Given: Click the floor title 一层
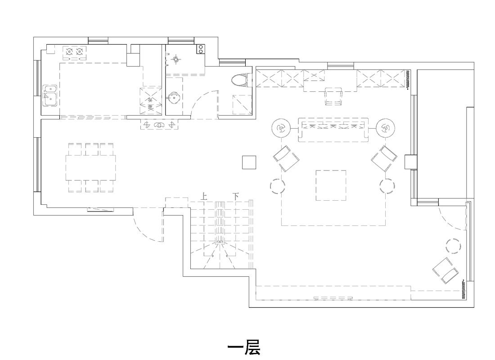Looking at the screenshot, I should click(243, 347).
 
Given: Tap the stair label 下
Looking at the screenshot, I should click(235, 196).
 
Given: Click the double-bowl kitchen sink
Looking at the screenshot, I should click(49, 95).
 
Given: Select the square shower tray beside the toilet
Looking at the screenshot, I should click(242, 104).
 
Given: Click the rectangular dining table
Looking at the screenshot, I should click(90, 167).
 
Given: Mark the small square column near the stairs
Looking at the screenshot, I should click(249, 162).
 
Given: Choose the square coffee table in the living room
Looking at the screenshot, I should click(331, 185).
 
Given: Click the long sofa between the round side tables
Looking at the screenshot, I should click(333, 130).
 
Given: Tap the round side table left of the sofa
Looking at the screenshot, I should click(281, 129).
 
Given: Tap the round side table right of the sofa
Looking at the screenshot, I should click(385, 129).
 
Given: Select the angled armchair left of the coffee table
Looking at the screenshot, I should click(286, 158).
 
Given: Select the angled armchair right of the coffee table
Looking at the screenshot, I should click(384, 158).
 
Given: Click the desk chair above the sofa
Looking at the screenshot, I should click(333, 96).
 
